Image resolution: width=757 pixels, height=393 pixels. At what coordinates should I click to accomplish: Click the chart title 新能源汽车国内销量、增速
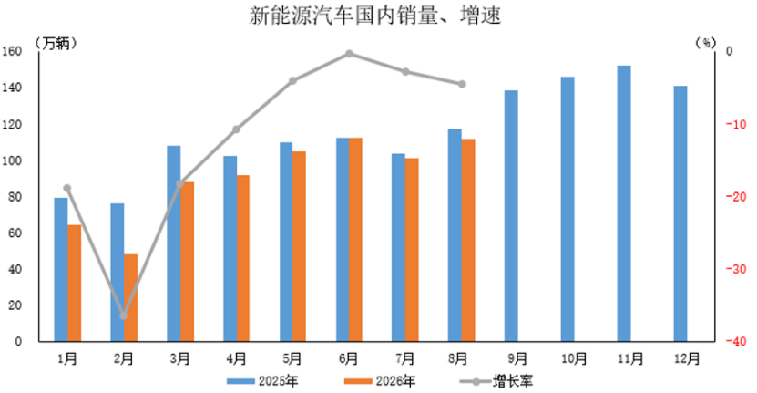[x=375, y=15]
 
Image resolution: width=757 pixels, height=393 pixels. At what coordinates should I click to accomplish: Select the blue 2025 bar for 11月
[x=624, y=203]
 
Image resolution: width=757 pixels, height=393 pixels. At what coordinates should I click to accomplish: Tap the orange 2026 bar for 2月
[x=131, y=298]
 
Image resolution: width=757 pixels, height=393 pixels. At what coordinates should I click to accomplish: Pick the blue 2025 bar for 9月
[x=511, y=216]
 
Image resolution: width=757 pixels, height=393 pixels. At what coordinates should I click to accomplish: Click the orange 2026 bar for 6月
[x=355, y=240]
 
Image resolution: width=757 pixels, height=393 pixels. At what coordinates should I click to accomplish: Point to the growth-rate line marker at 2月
[x=124, y=315]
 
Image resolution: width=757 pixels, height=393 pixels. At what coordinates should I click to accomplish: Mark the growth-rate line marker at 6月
[x=349, y=54]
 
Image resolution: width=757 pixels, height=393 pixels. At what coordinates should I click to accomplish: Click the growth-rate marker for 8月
[x=462, y=84]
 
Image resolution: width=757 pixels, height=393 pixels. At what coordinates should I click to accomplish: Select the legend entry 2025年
[x=262, y=381]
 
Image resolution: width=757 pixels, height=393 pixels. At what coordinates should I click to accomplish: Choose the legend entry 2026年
[x=380, y=381]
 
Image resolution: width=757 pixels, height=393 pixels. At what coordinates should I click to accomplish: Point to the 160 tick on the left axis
[x=12, y=51]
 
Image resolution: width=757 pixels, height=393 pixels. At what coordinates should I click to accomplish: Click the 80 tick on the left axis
[x=15, y=197]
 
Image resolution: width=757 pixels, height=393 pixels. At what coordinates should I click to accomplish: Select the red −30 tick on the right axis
[x=736, y=269]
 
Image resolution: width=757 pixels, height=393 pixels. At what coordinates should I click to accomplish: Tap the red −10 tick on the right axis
[x=736, y=124]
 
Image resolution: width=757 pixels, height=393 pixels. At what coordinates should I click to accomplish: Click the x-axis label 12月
[x=687, y=358]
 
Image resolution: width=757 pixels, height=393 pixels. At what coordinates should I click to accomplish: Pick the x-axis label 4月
[x=236, y=358]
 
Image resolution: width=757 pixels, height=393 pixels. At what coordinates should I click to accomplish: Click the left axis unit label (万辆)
[x=56, y=44]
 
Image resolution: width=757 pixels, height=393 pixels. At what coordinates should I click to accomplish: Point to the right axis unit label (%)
[x=706, y=44]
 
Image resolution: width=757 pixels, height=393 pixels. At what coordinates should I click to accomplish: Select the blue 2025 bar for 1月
[x=61, y=270]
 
